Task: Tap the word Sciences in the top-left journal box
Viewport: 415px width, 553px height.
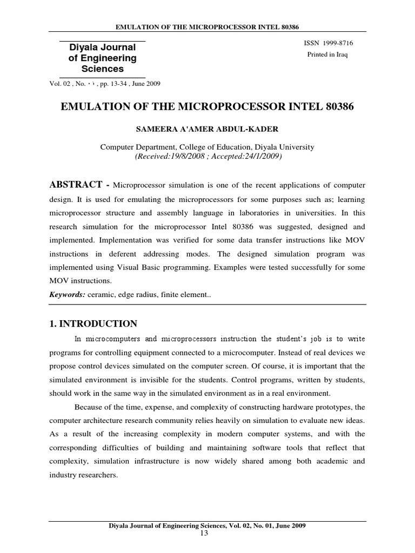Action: click(102, 69)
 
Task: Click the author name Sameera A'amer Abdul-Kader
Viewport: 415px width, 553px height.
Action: click(207, 130)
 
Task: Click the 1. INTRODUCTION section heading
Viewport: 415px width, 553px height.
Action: click(93, 324)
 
